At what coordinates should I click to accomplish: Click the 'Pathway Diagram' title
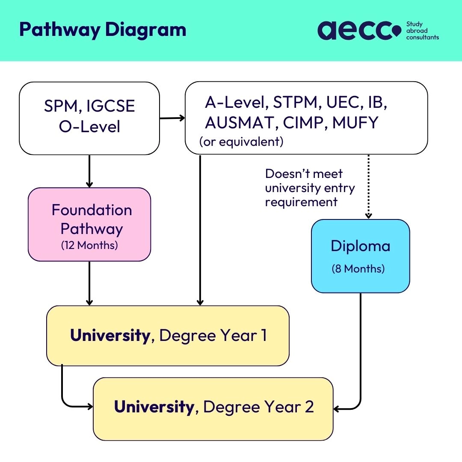pos(103,30)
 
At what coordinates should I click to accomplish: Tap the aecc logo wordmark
pos(359,30)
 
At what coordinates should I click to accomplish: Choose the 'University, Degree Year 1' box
pos(168,336)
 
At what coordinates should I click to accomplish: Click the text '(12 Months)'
pos(89,246)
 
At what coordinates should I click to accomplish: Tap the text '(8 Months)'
pos(358,269)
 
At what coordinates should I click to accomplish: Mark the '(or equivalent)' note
pos(241,142)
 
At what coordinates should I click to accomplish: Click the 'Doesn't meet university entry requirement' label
pos(310,188)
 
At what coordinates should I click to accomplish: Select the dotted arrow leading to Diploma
pos(369,186)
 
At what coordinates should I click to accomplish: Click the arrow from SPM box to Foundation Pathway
pos(89,171)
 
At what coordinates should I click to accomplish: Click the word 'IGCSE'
pos(110,107)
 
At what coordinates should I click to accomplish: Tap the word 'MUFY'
pos(355,123)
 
